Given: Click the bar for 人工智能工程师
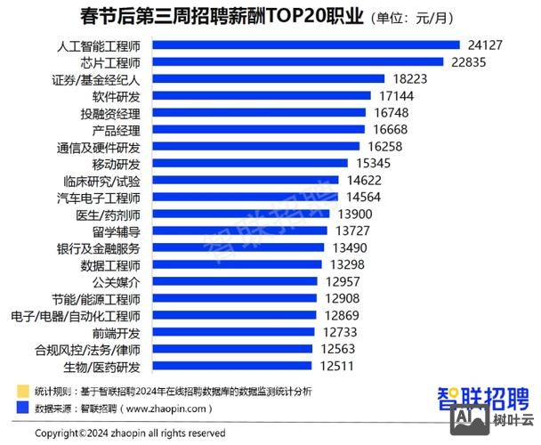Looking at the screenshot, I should click(303, 45).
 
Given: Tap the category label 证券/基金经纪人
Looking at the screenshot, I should click(95, 79).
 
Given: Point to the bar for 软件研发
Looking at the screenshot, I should click(258, 96).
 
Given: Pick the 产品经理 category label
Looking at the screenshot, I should click(117, 130).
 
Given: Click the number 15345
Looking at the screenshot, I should click(374, 164).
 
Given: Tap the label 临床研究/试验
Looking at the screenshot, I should click(102, 181).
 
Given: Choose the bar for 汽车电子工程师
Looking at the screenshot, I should click(240, 198).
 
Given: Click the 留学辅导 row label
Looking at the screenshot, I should click(117, 231).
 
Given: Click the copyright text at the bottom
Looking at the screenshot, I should click(129, 433).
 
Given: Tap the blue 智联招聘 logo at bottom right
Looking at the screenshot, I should click(482, 396).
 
